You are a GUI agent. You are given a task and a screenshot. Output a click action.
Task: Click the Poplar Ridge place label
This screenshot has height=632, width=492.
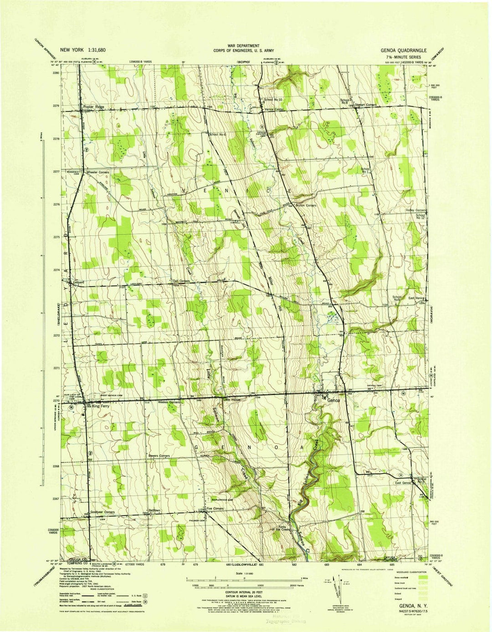93,107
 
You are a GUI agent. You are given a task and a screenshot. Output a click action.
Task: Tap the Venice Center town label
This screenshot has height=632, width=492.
273,110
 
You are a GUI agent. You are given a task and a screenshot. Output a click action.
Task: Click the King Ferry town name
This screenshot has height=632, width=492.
99,407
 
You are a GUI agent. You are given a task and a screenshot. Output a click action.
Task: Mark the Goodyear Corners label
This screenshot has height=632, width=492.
102,512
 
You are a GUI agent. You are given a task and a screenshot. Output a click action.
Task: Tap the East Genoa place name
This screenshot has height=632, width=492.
403,482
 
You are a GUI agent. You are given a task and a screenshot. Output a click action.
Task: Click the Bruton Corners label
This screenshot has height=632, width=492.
305,206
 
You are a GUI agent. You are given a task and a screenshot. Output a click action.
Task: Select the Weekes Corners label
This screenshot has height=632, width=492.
169,403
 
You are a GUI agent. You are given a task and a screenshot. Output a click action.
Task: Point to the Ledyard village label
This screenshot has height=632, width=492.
79,283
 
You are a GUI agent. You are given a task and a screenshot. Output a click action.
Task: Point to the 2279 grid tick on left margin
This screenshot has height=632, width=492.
56,106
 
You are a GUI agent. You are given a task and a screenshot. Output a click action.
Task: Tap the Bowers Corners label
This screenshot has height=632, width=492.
159,455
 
